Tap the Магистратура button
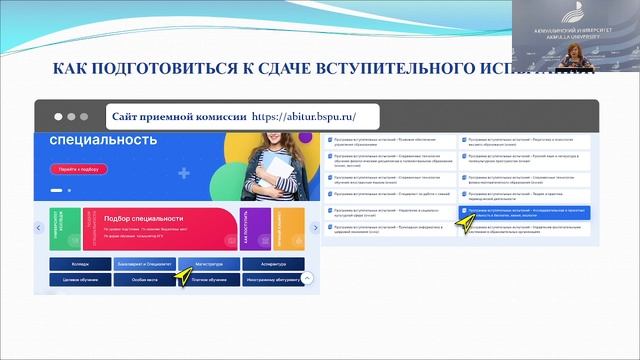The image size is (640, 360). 209,264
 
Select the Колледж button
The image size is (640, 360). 80,264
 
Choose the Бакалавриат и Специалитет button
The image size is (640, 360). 145,264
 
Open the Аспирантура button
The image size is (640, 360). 273,264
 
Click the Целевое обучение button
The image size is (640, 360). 80,280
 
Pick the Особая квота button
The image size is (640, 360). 145,280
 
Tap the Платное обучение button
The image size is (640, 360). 209,280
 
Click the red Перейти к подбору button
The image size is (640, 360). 72,169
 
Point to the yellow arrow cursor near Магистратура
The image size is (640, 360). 185,271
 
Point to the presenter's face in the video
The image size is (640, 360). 576,49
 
